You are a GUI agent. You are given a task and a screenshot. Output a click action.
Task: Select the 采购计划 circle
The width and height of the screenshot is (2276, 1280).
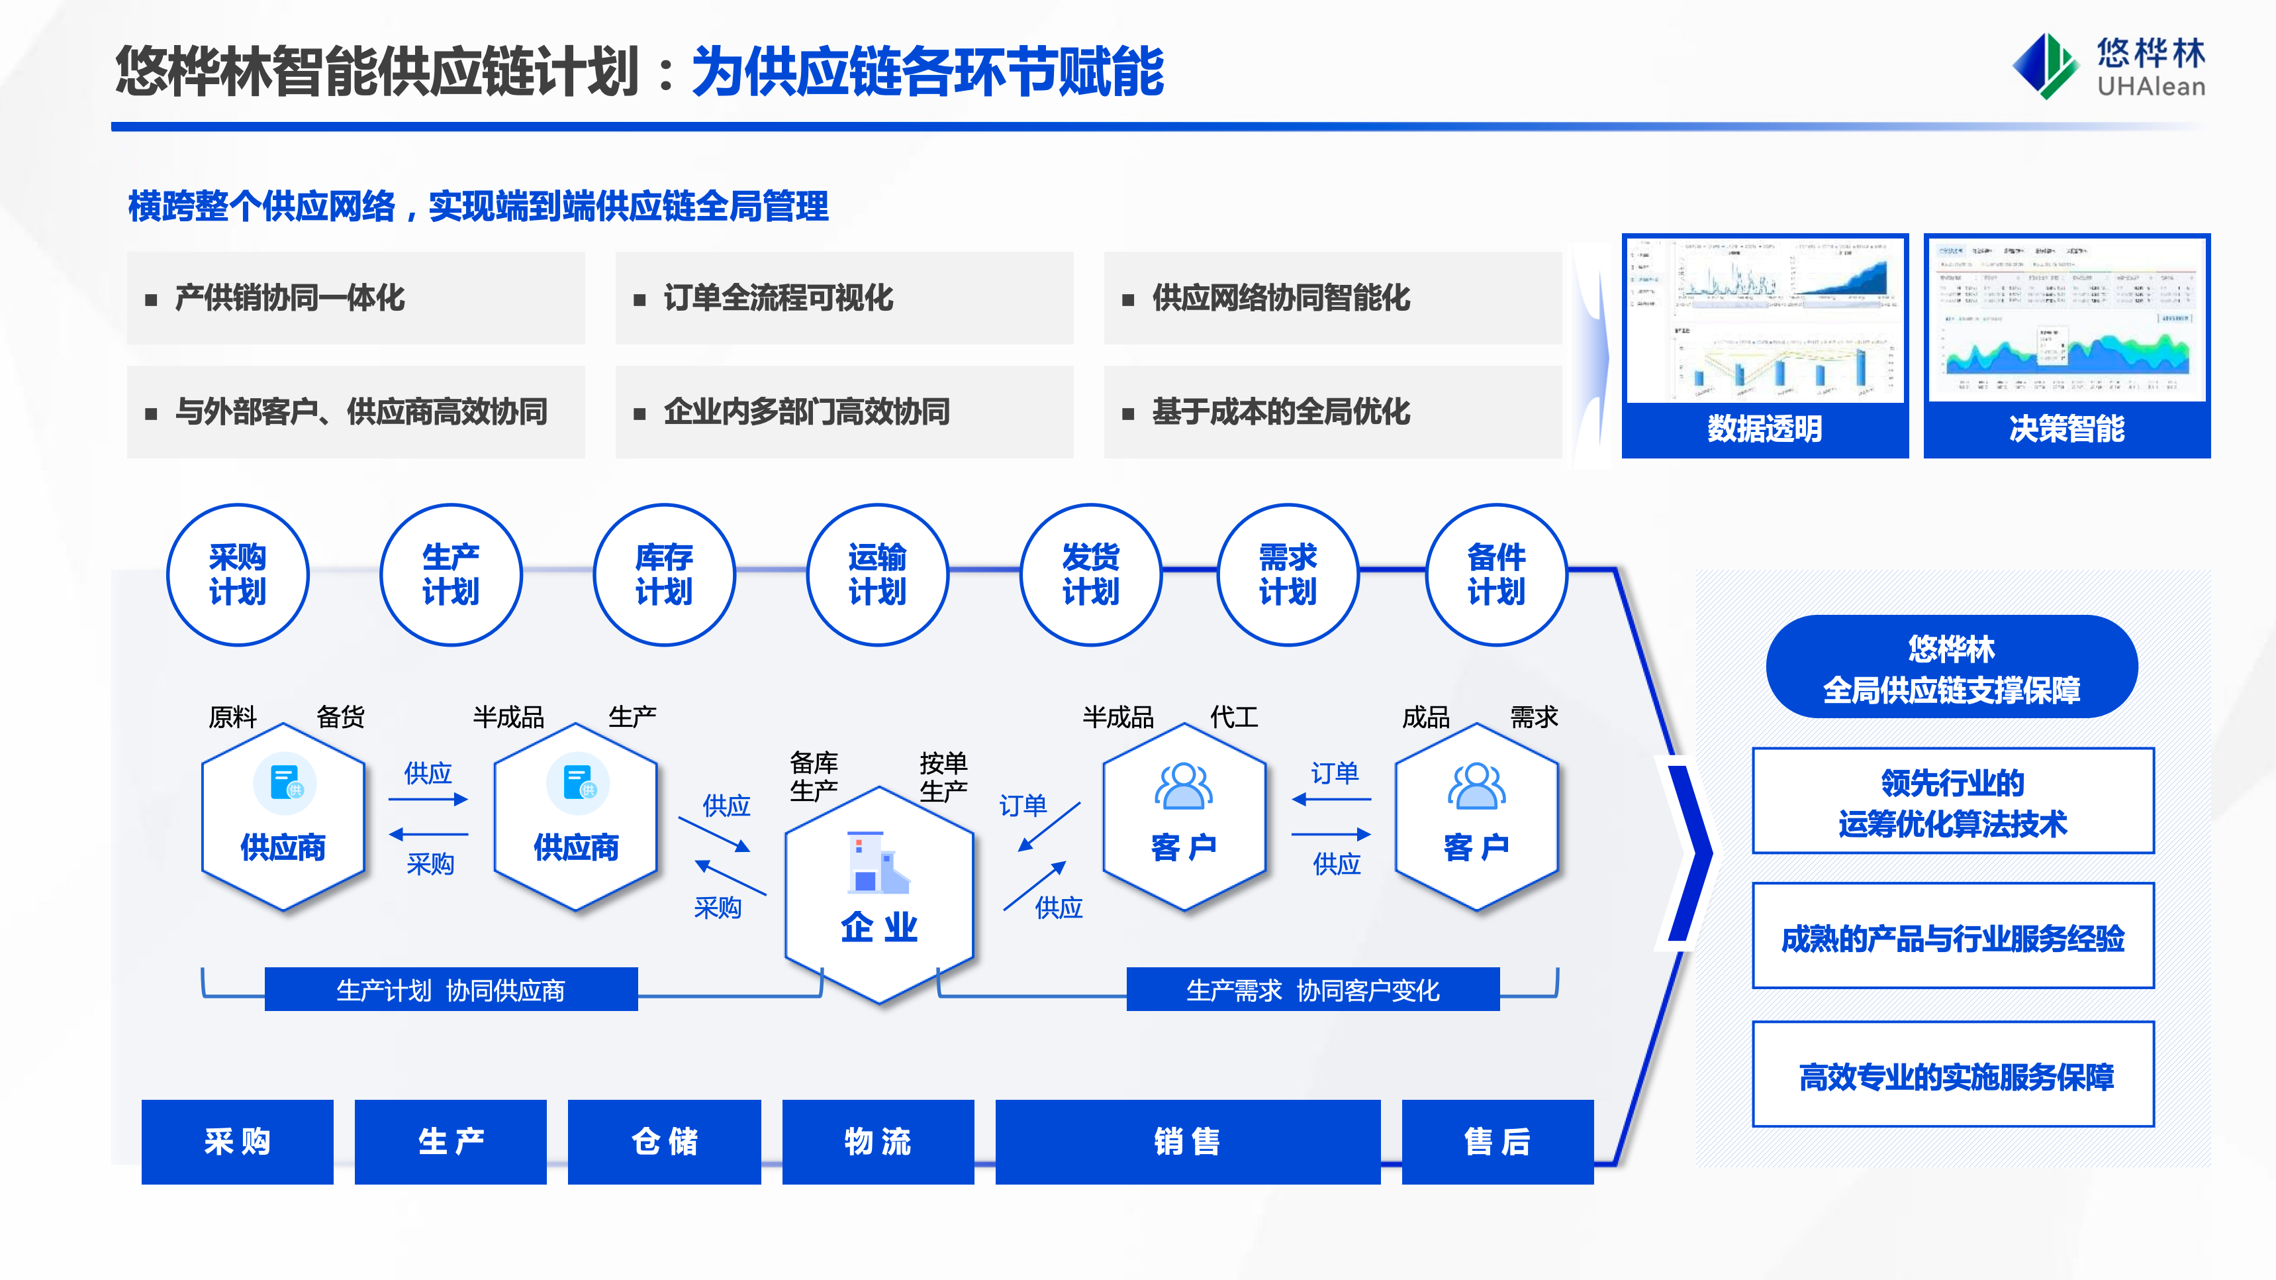(x=238, y=574)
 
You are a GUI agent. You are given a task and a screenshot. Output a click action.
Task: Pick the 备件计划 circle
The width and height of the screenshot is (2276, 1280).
(x=1496, y=574)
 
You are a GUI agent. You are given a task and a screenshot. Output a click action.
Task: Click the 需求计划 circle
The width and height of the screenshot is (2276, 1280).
(x=1288, y=574)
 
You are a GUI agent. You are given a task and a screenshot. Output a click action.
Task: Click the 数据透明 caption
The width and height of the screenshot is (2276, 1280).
(x=1764, y=429)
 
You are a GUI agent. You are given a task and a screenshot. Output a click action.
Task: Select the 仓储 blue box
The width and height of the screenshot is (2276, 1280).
(x=665, y=1142)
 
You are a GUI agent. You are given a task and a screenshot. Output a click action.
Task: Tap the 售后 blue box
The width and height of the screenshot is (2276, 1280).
(x=1497, y=1142)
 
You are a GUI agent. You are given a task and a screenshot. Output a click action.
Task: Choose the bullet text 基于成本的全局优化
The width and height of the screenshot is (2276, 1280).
(x=1280, y=412)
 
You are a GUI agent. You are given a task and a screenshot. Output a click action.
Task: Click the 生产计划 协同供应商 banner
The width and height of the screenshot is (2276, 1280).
(x=451, y=990)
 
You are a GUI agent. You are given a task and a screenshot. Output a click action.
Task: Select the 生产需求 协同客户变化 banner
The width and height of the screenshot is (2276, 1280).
(x=1312, y=990)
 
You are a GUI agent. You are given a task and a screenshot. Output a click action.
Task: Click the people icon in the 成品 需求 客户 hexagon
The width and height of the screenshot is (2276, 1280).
(x=1476, y=786)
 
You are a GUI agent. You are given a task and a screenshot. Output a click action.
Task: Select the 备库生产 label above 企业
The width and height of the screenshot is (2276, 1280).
(x=814, y=776)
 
